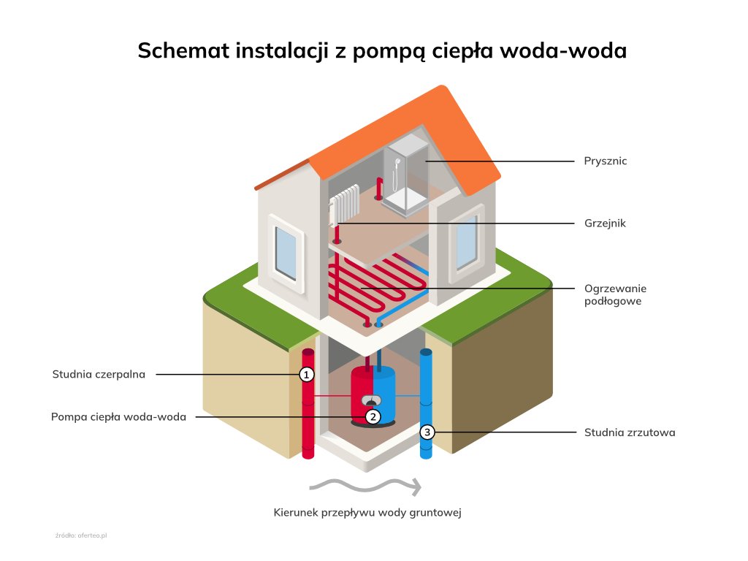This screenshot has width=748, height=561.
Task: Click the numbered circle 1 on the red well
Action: pos(307,375)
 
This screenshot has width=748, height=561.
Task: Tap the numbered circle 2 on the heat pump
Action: pos(373,417)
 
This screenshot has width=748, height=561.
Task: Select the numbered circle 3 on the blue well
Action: pos(428,432)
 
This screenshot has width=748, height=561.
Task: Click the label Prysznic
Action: pos(605,161)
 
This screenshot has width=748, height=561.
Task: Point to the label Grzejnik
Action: pos(605,224)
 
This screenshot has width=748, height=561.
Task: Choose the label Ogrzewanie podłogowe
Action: pos(615,294)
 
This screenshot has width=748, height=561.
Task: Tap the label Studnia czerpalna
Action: pos(99,375)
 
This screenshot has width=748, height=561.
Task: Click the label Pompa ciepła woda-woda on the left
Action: pos(118,417)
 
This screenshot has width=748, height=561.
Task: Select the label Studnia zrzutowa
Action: pos(629,432)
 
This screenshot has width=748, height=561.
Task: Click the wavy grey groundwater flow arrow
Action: pos(365,485)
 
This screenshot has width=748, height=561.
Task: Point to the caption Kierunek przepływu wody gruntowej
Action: pos(367,512)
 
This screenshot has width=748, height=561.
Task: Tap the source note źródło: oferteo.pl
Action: pos(81,535)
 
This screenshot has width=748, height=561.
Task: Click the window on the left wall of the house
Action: pos(286,252)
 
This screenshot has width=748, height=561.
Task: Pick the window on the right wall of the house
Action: pos(465,242)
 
